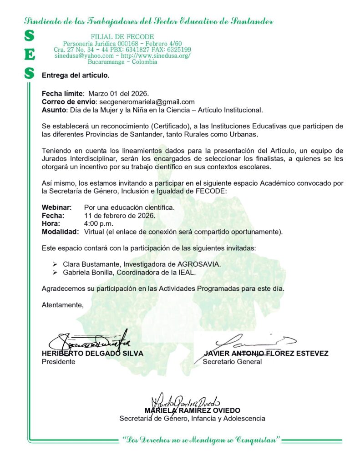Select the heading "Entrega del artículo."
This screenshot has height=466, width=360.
click(x=76, y=75)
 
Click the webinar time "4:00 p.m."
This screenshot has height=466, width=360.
click(x=99, y=223)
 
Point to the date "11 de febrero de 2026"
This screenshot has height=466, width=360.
click(x=120, y=215)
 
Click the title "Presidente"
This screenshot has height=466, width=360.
click(x=59, y=362)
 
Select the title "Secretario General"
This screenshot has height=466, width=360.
click(x=232, y=362)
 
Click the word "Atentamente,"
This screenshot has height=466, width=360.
click(x=63, y=304)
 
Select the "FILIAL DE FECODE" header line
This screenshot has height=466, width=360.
click(x=122, y=36)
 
